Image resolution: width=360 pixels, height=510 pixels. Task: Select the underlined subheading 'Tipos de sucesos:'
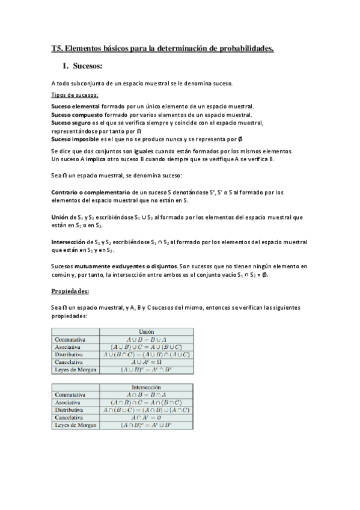click(x=75, y=95)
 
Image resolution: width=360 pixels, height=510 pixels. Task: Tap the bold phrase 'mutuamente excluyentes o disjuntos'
click(x=131, y=265)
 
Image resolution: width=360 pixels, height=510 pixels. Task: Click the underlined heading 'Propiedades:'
click(x=70, y=291)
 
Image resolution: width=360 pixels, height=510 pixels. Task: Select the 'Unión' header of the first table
click(x=146, y=331)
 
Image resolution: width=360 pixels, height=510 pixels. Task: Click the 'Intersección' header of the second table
click(x=146, y=387)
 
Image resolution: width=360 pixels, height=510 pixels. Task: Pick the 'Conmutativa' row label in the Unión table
click(x=70, y=339)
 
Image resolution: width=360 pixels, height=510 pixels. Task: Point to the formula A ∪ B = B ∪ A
click(x=146, y=339)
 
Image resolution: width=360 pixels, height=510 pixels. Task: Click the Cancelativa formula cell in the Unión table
click(x=146, y=362)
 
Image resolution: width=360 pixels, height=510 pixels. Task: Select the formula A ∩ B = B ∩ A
click(x=146, y=395)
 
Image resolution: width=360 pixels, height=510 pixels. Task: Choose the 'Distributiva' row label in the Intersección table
click(x=69, y=410)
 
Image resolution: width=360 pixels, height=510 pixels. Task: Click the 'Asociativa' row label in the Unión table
click(x=68, y=347)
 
